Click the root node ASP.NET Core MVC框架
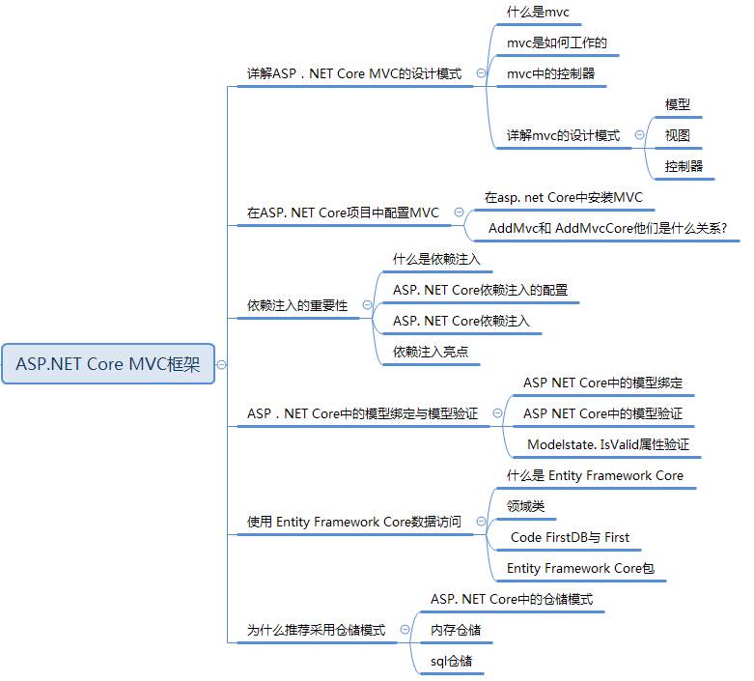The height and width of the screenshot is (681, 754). (108, 364)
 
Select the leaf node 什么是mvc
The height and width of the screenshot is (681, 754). (538, 13)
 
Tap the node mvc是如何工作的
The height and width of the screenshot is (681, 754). (556, 43)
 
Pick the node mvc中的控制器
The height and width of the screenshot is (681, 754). (550, 73)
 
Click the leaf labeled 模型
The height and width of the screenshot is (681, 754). (678, 104)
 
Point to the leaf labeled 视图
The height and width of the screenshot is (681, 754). (678, 135)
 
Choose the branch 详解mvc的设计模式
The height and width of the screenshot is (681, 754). (563, 135)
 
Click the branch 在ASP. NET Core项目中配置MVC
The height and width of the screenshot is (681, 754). (343, 213)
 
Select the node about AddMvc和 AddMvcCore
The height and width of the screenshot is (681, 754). (607, 228)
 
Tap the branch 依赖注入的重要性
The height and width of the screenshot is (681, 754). (297, 305)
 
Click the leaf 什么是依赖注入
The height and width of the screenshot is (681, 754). (436, 259)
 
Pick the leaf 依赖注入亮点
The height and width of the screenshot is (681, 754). (431, 352)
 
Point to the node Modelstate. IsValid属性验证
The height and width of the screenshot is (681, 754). (607, 444)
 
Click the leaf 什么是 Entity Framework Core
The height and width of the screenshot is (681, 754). (595, 475)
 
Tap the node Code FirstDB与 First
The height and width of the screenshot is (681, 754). (570, 537)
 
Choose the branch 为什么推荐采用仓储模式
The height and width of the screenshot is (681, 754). (316, 630)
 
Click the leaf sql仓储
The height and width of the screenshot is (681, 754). (452, 661)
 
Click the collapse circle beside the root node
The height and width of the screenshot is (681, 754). (222, 364)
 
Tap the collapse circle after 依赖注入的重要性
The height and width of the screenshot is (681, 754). (367, 305)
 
